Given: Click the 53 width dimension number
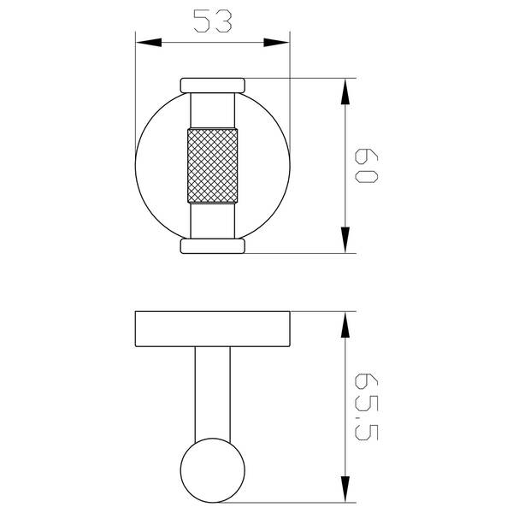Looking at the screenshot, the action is coord(213,21).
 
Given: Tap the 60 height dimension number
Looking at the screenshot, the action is coord(367,166).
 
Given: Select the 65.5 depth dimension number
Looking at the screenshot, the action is coord(367,406).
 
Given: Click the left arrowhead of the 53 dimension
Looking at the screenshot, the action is coord(149,42).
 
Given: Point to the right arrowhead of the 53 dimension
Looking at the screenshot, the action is coord(276,42).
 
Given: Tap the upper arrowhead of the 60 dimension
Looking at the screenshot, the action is coord(345,91).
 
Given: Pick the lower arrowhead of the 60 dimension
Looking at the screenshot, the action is coord(345,239).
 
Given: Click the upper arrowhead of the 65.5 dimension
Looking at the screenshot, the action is coord(345,325).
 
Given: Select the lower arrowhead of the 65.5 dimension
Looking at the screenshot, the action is coord(345,489).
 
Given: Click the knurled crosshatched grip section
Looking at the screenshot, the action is coord(213,166).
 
